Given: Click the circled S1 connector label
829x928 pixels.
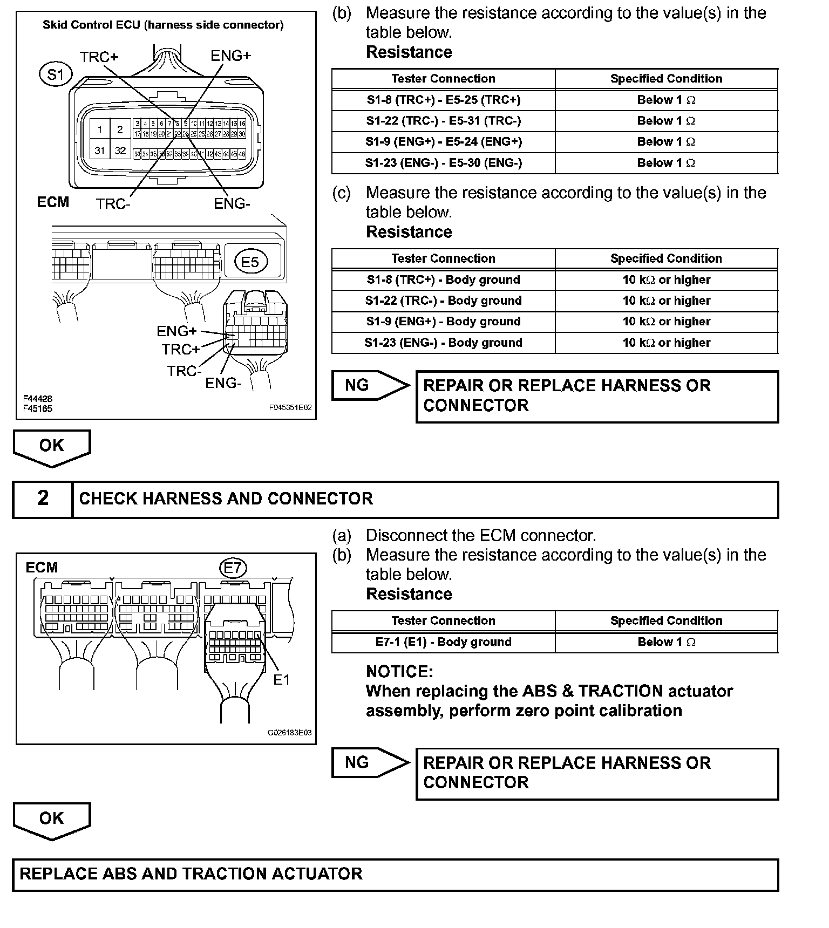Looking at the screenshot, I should coord(56,74).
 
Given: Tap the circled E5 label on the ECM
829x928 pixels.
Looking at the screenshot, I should coord(250,262).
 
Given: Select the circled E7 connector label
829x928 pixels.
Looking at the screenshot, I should coord(233,568).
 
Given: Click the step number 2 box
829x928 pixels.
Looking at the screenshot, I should coord(43,499).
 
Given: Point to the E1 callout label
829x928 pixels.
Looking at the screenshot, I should coord(282,680).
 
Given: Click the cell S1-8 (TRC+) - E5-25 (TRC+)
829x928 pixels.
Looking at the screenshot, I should coord(443,100).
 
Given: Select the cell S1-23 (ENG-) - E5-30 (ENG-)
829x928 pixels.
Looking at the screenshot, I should coord(443,163).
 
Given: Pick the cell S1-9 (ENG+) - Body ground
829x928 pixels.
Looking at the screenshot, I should coord(443,322).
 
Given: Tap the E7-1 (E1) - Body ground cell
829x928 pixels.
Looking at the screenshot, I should coord(443,642).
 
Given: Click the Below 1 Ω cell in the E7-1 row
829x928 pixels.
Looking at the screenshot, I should coord(666,642).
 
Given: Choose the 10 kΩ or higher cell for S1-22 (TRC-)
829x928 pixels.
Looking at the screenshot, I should coord(666,301).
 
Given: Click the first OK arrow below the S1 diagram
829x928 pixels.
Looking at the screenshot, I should coord(52,447).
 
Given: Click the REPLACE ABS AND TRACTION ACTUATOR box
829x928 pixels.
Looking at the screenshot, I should coord(395,875).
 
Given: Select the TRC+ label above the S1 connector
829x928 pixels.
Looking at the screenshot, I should coord(99,57).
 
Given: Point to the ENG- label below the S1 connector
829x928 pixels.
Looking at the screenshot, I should coord(232,204).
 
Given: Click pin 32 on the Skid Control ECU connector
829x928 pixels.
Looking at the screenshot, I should coord(120,151).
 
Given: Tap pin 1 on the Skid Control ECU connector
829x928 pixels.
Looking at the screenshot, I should coord(100,129).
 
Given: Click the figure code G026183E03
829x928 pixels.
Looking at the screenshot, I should coord(289,733).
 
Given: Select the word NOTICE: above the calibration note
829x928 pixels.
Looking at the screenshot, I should coord(399,672).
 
